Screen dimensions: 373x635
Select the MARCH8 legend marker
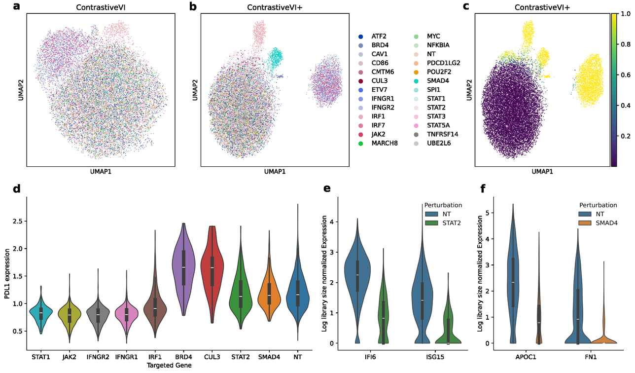(x=361, y=144)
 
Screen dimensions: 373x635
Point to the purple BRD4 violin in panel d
(x=183, y=269)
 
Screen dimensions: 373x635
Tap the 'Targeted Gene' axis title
(x=170, y=365)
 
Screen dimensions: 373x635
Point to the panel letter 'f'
(x=483, y=189)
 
